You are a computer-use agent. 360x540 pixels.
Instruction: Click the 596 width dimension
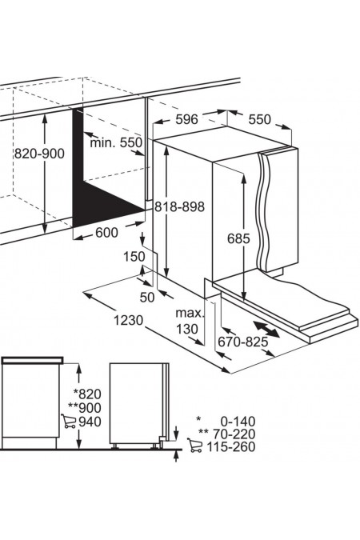coord(186,119)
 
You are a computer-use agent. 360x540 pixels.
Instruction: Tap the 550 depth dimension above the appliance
coord(260,119)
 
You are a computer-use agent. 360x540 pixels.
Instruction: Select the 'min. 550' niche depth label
coord(116,142)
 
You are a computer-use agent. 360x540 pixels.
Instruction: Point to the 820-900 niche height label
coord(39,154)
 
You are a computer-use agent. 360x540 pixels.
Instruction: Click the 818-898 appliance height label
coord(179,206)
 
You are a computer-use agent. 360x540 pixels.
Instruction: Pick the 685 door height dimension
coord(238,238)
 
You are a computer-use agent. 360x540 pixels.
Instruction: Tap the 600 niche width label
coord(106,233)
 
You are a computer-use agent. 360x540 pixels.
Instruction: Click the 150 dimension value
coord(134,257)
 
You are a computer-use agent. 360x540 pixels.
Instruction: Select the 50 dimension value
coord(147,298)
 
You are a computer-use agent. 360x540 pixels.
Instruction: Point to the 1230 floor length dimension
coord(128,321)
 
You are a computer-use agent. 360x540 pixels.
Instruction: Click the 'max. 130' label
coord(189,321)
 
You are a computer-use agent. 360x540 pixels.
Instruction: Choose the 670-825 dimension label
coord(243,342)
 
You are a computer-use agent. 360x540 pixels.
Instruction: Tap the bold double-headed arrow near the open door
coord(266,330)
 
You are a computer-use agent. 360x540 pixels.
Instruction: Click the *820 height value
coord(87,394)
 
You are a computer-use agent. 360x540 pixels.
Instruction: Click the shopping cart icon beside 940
coord(69,421)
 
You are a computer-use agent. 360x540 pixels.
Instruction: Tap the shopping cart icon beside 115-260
coord(195,446)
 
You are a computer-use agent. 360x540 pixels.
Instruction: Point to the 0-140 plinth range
coord(238,421)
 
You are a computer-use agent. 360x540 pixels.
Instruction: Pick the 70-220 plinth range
coord(234,434)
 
